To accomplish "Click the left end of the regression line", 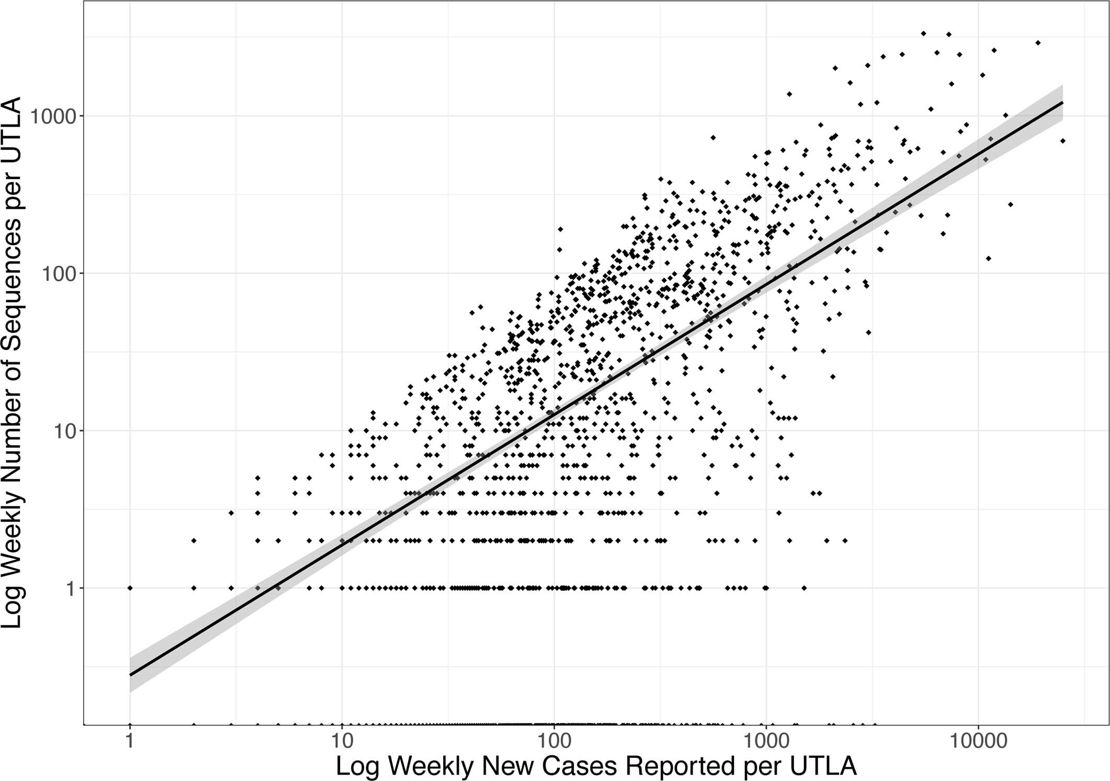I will click(130, 675).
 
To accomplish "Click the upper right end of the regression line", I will click(1062, 103).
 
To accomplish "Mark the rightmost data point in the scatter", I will click(1062, 141).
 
